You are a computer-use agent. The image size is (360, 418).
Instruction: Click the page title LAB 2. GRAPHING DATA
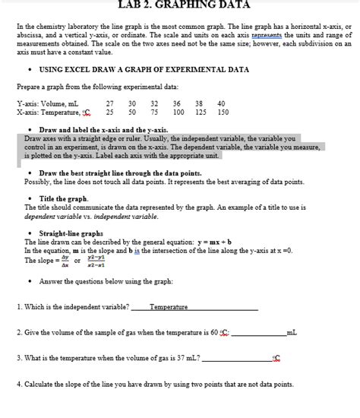[x=180, y=4]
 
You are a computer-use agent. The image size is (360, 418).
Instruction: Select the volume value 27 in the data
[x=110, y=103]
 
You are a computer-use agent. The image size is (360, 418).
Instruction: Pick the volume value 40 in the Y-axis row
[x=221, y=103]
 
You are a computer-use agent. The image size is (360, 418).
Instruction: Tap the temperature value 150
[x=223, y=112]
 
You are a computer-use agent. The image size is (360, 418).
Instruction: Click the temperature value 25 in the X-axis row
[x=110, y=112]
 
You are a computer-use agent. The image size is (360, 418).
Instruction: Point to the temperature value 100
[x=178, y=112]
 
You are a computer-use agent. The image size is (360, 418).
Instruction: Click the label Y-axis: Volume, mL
[x=47, y=103]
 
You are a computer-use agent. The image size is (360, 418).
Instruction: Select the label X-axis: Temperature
[x=52, y=112]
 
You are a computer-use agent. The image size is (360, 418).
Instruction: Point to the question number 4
[x=18, y=384]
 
